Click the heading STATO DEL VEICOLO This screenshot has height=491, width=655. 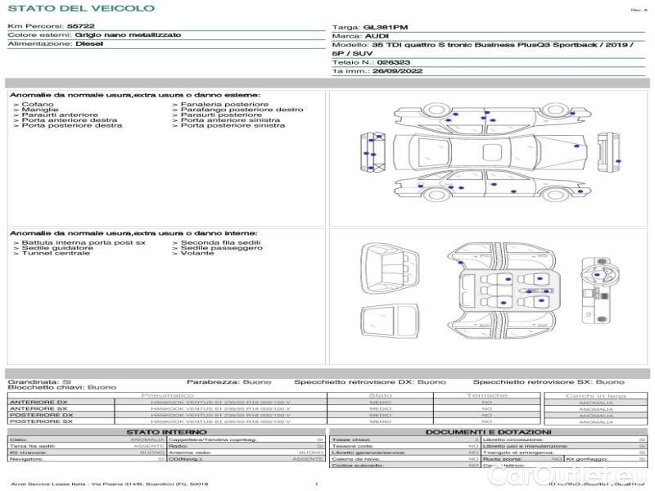80,8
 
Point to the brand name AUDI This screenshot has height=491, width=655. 377,37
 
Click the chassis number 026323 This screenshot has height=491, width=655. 395,62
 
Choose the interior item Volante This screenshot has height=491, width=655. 197,254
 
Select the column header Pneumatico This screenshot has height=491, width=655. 167,395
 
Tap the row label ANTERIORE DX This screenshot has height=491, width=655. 38,403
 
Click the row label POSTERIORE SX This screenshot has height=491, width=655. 40,422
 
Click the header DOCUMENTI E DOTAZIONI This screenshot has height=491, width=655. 488,432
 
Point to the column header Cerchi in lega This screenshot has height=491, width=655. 595,395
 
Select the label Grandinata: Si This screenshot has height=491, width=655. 39,382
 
